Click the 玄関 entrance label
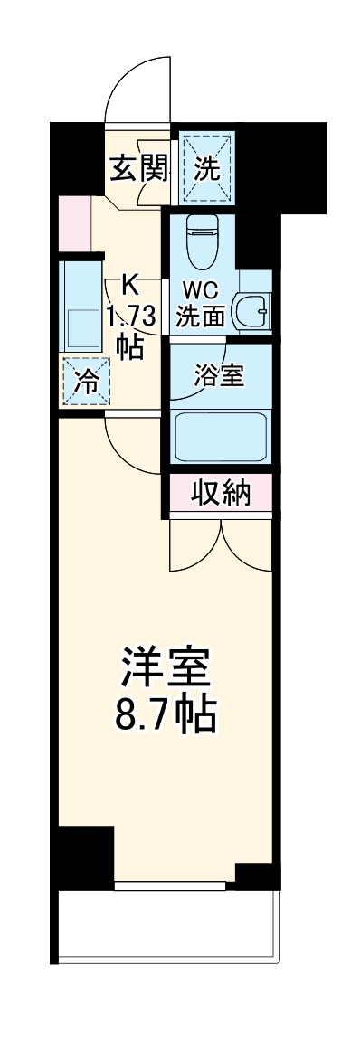139,169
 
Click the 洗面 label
200,317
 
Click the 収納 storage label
220,494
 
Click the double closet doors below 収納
221,543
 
